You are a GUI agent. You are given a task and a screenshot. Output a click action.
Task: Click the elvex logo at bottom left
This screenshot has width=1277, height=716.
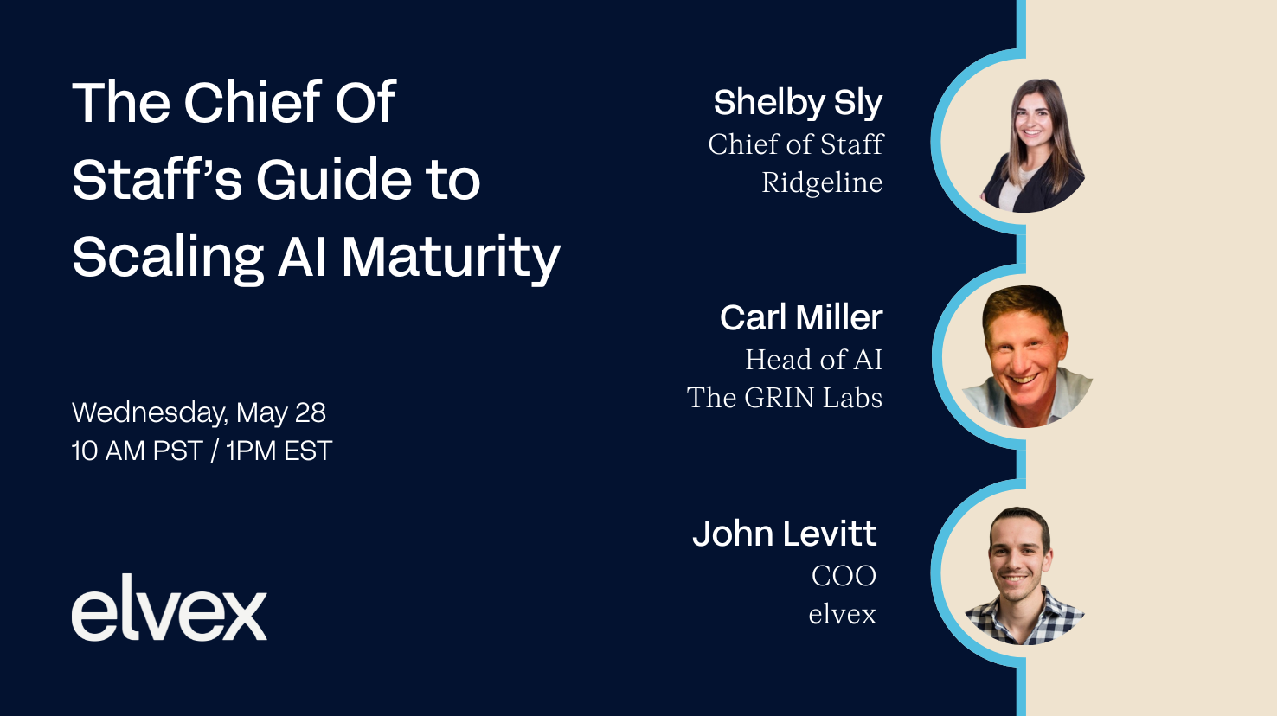point(169,609)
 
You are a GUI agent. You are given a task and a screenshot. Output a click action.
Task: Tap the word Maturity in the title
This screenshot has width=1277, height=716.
point(450,258)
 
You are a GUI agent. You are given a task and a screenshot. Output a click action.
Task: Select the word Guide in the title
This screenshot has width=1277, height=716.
point(333,180)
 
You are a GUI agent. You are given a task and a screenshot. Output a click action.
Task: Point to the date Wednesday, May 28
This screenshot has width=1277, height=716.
point(198,412)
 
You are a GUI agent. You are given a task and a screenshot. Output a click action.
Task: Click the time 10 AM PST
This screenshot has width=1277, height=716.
point(137,451)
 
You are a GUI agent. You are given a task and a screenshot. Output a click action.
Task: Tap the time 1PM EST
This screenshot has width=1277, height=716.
point(279,451)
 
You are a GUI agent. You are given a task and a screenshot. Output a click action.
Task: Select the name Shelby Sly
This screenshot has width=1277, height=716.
point(797,103)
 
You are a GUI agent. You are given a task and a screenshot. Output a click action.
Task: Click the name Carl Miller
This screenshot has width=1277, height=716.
point(800,318)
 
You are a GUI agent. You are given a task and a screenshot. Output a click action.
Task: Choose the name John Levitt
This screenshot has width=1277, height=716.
point(784,534)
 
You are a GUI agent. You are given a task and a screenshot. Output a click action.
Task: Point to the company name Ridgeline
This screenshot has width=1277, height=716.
point(821,182)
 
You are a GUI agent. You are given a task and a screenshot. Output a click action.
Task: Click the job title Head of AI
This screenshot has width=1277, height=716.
point(813,360)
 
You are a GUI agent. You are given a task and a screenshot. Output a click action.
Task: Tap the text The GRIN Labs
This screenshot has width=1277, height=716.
point(784,398)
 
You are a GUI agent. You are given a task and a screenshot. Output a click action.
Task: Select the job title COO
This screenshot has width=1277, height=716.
point(844,576)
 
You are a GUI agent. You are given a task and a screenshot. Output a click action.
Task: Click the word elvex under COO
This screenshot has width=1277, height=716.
point(842,614)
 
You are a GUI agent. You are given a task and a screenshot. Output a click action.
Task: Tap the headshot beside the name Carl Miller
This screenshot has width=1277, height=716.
point(1026,356)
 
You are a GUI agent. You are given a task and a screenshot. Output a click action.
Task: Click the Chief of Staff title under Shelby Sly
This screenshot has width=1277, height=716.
point(795,144)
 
